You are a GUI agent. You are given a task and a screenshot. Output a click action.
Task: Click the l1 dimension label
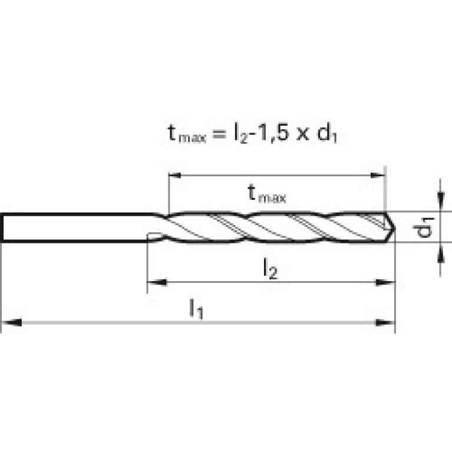(196, 309)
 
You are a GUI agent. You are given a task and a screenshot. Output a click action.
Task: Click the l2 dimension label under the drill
(270, 269)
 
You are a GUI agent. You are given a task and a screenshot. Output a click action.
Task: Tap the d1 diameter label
(423, 227)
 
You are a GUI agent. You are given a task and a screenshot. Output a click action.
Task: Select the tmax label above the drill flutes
(266, 194)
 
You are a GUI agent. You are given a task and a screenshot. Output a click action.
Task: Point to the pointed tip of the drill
(395, 227)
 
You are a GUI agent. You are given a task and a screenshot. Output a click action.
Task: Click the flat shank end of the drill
(2, 227)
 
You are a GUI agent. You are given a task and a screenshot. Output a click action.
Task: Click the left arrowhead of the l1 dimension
(12, 322)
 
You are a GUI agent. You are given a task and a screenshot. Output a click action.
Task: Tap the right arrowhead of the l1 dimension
(385, 322)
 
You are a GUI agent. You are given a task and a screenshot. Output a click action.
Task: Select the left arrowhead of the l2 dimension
(157, 282)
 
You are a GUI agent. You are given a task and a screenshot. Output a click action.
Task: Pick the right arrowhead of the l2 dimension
(385, 282)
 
